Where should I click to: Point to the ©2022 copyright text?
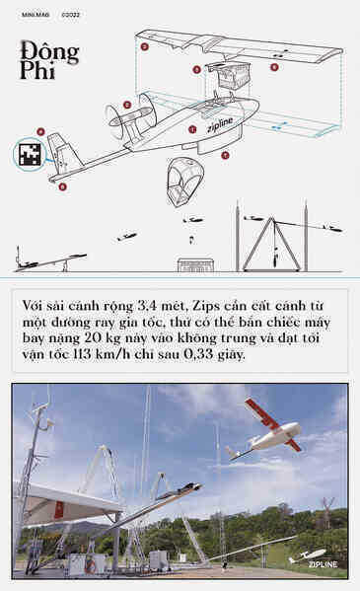tap(70, 14)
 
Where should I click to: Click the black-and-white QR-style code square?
tap(30, 154)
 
